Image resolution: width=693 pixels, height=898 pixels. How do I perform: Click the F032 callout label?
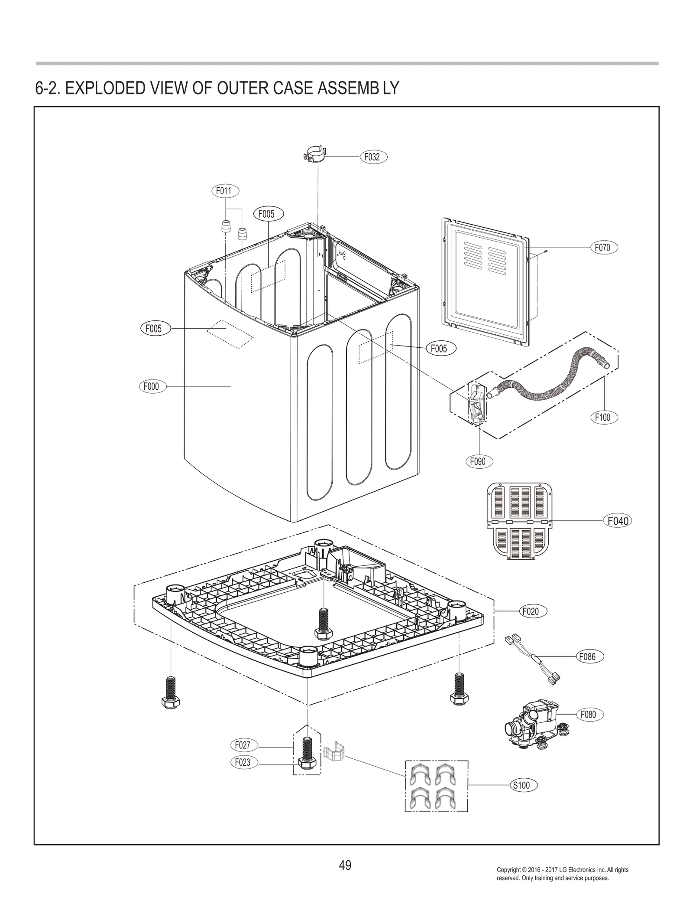pyautogui.click(x=373, y=157)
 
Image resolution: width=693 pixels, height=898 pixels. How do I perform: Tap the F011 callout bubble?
pyautogui.click(x=224, y=191)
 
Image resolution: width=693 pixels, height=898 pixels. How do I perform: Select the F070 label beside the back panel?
pyautogui.click(x=603, y=248)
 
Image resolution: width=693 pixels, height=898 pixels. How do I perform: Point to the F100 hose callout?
pyautogui.click(x=603, y=417)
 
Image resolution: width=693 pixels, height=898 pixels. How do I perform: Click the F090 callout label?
pyautogui.click(x=478, y=461)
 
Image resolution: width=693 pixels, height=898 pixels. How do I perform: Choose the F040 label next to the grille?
pyautogui.click(x=617, y=521)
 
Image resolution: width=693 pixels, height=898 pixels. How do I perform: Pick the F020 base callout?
pyautogui.click(x=533, y=611)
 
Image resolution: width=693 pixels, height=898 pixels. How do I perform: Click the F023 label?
pyautogui.click(x=243, y=762)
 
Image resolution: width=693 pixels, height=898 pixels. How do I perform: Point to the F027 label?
pyautogui.click(x=243, y=745)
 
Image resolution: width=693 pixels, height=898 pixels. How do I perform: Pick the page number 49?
pyautogui.click(x=345, y=865)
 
